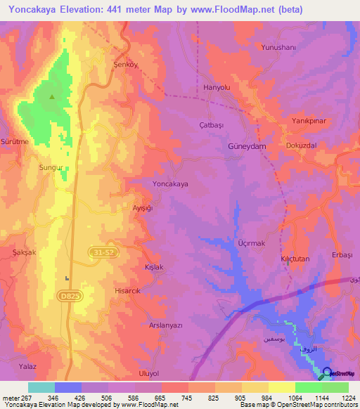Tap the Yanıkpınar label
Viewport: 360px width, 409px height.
click(x=307, y=121)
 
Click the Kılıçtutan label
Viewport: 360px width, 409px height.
click(x=295, y=259)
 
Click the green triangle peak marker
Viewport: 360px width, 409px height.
click(x=52, y=97)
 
